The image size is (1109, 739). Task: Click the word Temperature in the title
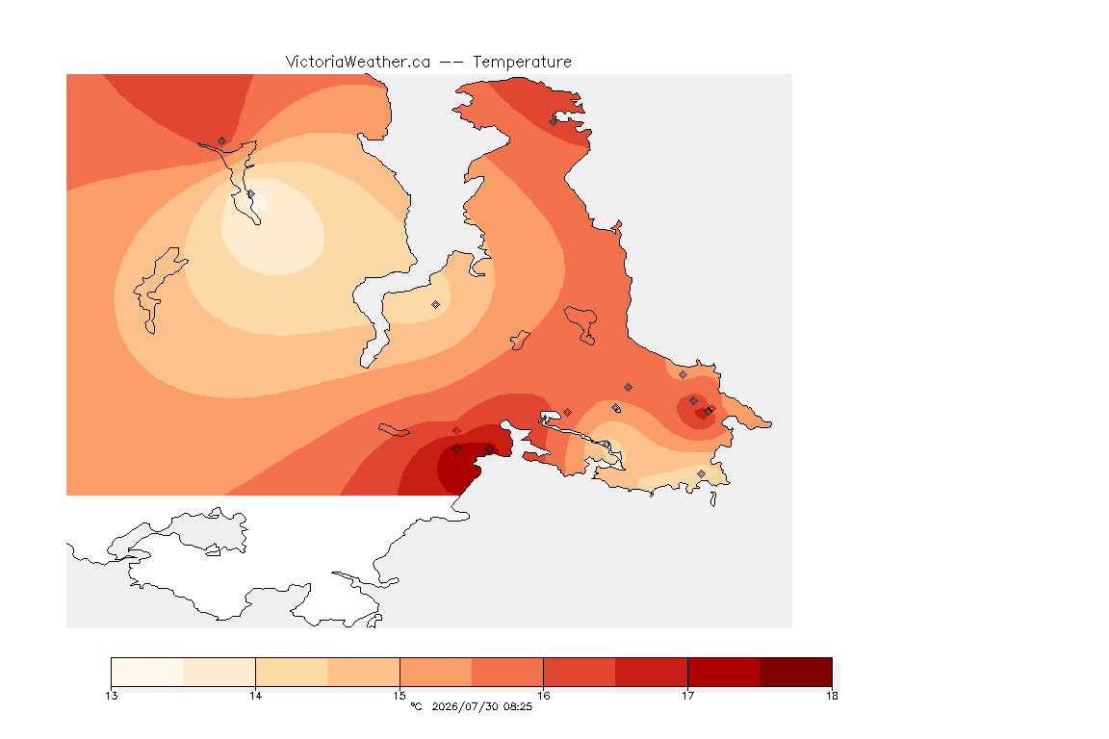click(522, 63)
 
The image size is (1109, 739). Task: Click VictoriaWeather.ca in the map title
click(358, 63)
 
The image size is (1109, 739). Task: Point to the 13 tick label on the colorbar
click(111, 696)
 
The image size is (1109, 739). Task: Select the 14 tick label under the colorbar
click(255, 696)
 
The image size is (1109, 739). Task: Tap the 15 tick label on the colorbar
click(400, 696)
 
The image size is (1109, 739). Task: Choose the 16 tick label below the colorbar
click(543, 696)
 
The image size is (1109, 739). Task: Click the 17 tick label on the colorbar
click(687, 696)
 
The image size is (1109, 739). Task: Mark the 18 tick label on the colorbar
click(832, 696)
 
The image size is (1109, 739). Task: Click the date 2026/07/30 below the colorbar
click(464, 706)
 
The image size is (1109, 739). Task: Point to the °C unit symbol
click(416, 706)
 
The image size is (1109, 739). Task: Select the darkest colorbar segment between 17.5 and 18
click(796, 672)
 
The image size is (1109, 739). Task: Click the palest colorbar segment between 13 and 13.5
click(147, 672)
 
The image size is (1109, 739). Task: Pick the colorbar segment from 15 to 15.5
click(436, 672)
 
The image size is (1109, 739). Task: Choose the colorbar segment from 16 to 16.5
click(580, 672)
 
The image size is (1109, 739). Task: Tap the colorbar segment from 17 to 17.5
click(724, 672)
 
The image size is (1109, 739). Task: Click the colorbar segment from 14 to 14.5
click(292, 672)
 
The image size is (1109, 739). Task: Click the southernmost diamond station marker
click(701, 473)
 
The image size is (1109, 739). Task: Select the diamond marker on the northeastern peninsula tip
click(554, 121)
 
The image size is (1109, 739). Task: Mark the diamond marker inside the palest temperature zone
click(250, 193)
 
